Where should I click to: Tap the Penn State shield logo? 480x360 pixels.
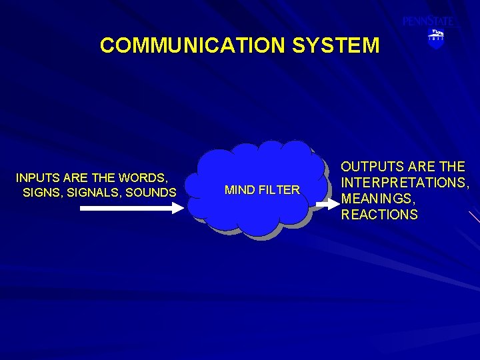[435, 39]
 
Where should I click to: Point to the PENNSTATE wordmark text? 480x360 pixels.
[427, 21]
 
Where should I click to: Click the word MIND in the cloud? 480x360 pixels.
[239, 190]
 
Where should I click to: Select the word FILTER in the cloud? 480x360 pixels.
[278, 190]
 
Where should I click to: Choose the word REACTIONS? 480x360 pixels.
[379, 215]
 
